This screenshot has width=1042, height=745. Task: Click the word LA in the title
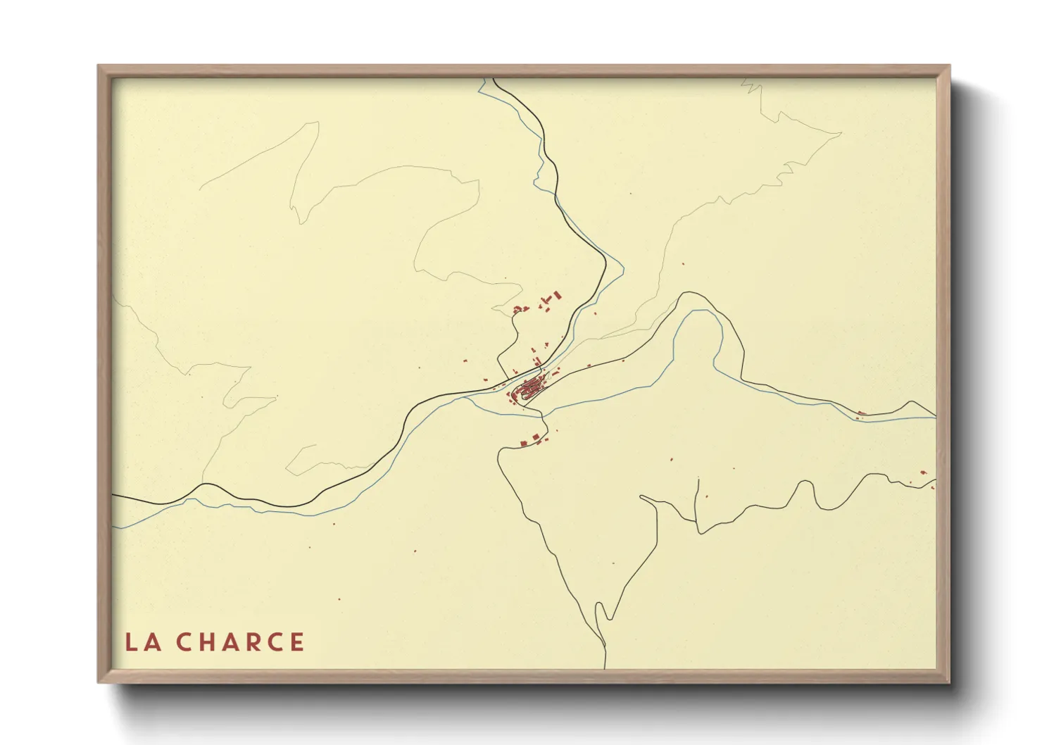(x=142, y=642)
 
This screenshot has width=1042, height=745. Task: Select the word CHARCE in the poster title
(x=240, y=642)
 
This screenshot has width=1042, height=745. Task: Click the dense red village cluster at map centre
(x=530, y=387)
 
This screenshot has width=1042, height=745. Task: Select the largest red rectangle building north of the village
(x=558, y=295)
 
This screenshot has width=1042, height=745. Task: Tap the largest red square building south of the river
(x=524, y=443)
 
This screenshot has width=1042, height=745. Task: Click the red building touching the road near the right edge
(x=861, y=413)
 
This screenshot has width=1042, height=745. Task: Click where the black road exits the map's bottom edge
(x=605, y=668)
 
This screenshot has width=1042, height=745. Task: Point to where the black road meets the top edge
(x=494, y=79)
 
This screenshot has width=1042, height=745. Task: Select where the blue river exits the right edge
(x=936, y=418)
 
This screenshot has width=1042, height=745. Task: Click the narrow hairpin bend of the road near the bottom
(x=600, y=606)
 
